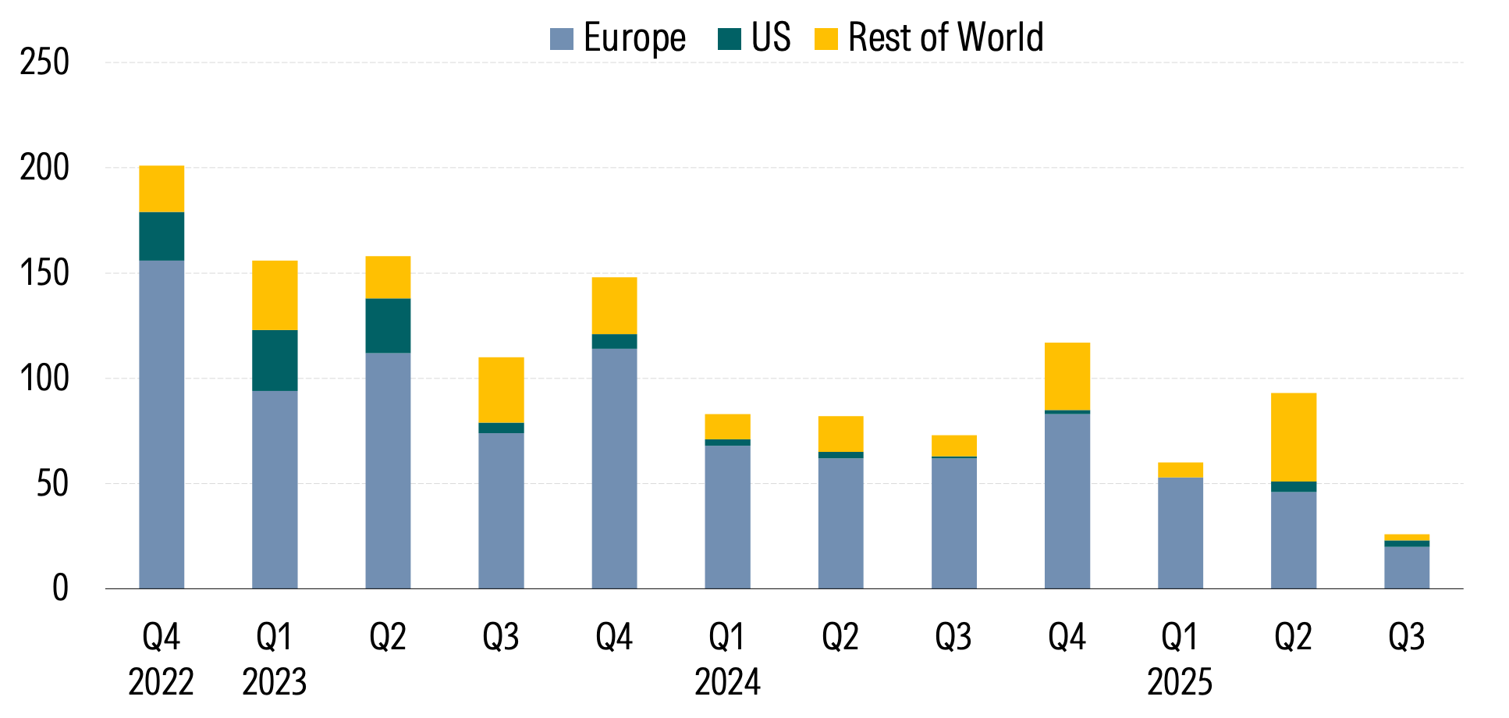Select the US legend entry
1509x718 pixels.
(754, 37)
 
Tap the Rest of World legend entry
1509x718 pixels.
(928, 37)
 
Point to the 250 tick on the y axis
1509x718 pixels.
(44, 62)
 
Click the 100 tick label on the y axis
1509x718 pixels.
(44, 379)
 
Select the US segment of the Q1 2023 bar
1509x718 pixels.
(275, 361)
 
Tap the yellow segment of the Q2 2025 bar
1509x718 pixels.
(1293, 437)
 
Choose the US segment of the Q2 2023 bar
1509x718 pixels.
(388, 325)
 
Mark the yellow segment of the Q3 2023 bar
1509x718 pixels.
(501, 390)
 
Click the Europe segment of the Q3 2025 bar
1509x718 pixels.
(1407, 567)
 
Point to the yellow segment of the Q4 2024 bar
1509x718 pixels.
(1067, 376)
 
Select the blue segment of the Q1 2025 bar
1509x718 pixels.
(1180, 533)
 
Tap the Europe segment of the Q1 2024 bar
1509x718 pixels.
(727, 517)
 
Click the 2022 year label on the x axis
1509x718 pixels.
(161, 683)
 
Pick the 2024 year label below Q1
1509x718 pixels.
(727, 683)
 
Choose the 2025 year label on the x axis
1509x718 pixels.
(1180, 683)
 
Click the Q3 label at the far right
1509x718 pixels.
(1406, 638)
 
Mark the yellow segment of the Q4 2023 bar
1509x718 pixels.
(614, 306)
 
